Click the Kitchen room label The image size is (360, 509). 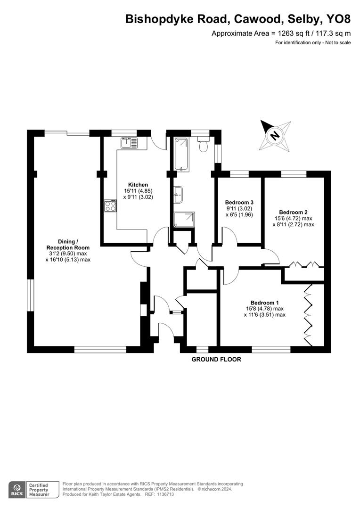[138, 185]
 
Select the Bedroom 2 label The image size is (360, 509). [293, 212]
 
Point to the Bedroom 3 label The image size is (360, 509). [239, 202]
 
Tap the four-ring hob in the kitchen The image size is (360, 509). [111, 206]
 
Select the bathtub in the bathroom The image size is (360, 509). [181, 154]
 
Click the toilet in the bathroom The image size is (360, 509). [204, 145]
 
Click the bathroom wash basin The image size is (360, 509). [179, 193]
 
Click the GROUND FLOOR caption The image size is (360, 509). [216, 360]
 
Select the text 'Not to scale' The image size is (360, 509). [337, 43]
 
